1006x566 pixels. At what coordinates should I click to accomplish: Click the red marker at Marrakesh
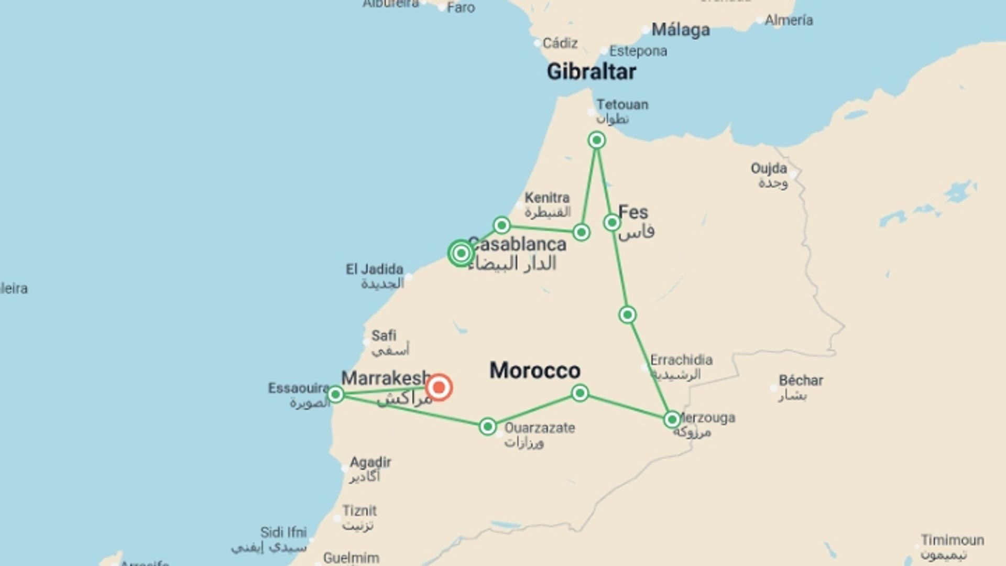tap(439, 388)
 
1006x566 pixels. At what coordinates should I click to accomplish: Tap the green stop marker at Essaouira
tap(335, 394)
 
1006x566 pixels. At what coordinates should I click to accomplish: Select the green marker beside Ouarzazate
tap(487, 427)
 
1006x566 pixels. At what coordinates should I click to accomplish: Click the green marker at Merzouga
tap(672, 419)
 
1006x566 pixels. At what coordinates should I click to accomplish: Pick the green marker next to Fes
tap(611, 223)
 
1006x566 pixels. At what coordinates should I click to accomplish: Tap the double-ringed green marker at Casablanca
tap(461, 254)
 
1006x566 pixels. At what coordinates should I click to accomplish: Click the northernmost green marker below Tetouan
tap(596, 140)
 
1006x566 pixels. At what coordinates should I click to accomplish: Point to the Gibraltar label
tap(591, 72)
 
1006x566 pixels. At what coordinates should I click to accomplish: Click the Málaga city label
tap(680, 30)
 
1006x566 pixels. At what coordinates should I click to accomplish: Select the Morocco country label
tap(534, 371)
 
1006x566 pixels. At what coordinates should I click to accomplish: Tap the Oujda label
tap(769, 169)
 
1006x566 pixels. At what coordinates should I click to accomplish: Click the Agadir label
tap(370, 463)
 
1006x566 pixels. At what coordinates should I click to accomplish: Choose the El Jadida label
tap(374, 269)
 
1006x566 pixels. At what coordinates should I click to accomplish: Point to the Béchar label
tap(801, 380)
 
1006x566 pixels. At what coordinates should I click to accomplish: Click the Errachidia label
tap(681, 360)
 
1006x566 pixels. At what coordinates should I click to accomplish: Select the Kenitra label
tap(547, 198)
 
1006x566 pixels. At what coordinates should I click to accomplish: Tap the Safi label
tap(384, 335)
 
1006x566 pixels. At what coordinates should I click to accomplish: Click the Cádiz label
tap(560, 43)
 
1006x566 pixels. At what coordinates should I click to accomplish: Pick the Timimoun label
tap(952, 540)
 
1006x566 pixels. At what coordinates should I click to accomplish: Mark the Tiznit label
tap(359, 510)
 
